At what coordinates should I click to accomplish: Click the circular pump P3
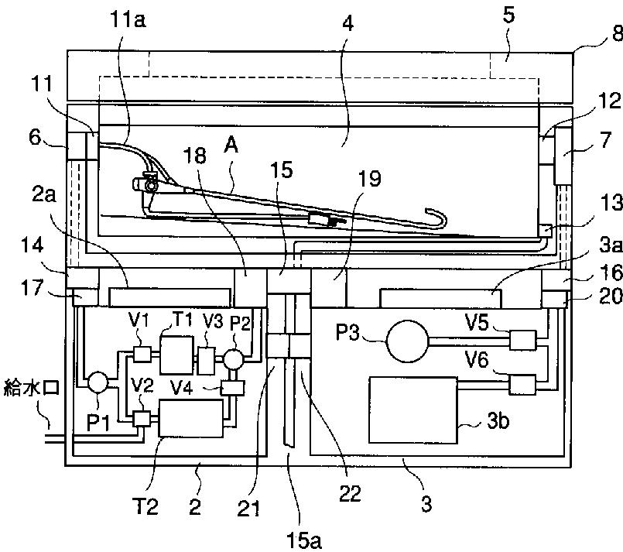tap(408, 341)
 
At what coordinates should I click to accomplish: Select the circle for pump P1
tap(98, 382)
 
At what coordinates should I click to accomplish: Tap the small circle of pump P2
tap(233, 359)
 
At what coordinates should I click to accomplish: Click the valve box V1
tap(142, 354)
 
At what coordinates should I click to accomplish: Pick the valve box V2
tap(142, 419)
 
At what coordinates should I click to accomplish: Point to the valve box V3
tap(206, 361)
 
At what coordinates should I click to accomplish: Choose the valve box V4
tap(232, 387)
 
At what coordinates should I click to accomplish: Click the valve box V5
tap(522, 340)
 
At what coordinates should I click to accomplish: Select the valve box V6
tap(522, 385)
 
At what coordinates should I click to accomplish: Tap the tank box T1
tap(176, 355)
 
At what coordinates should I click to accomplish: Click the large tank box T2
tap(190, 419)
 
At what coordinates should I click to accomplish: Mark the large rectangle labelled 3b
tap(413, 410)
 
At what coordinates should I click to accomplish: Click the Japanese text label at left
tap(32, 387)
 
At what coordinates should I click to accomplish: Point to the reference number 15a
tap(304, 541)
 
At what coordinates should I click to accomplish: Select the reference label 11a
tap(128, 20)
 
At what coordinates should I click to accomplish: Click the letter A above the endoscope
tap(231, 146)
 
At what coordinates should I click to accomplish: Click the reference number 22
tap(350, 494)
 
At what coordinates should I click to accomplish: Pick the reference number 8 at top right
tap(618, 33)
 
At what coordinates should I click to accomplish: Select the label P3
tap(347, 332)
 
